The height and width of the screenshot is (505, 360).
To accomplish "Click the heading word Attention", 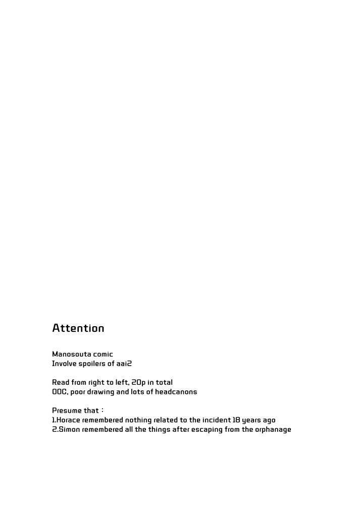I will coord(78,328).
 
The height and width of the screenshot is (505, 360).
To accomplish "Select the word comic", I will coord(103,355).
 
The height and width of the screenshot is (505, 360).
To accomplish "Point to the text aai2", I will coord(124,364).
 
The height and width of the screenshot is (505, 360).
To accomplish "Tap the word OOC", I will coord(59,392).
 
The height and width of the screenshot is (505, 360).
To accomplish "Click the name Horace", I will coord(67,420).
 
